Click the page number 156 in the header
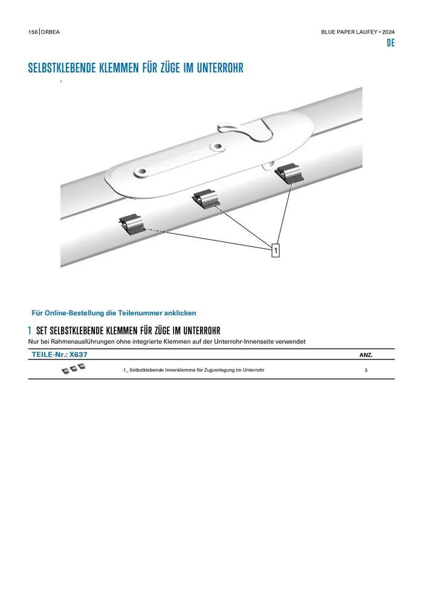tap(33, 32)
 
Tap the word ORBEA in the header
tap(50, 32)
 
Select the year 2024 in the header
tap(389, 32)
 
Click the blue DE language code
tap(390, 43)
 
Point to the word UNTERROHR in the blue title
tap(220, 68)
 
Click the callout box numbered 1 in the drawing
tap(276, 251)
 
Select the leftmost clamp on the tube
tap(131, 223)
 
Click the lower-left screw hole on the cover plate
tap(141, 172)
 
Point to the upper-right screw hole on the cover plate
tap(217, 146)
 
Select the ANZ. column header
tap(366, 355)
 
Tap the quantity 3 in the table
tap(366, 370)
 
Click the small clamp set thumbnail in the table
tap(74, 368)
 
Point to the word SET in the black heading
tap(42, 330)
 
